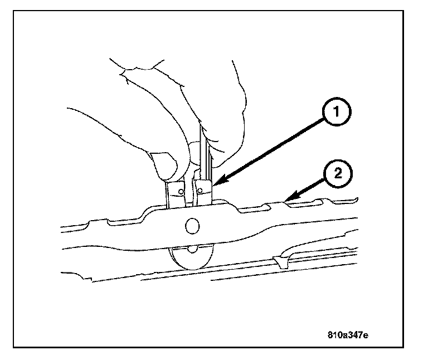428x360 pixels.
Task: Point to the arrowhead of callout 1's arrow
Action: coord(214,183)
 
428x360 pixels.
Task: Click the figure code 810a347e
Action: coord(347,336)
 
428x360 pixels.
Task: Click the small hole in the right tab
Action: coord(199,191)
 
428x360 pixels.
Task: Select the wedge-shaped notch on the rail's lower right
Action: coord(281,260)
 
